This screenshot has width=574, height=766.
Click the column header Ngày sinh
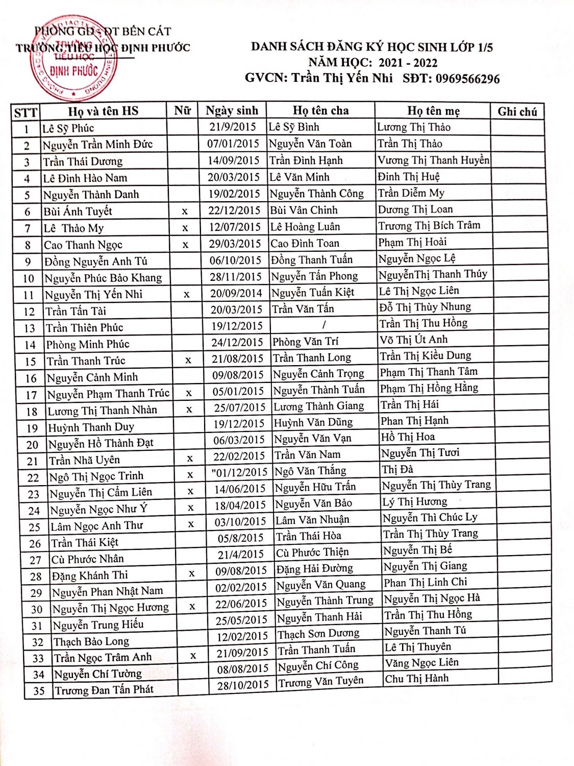coord(232,111)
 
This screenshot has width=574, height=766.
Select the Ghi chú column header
coord(517,112)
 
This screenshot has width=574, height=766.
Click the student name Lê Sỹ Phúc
coord(68,128)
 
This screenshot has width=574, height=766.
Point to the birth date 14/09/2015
coord(234,160)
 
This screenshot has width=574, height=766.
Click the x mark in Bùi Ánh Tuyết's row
coord(185,211)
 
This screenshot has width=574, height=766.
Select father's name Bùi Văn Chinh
coord(304,210)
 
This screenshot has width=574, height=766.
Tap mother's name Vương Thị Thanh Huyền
coord(433,160)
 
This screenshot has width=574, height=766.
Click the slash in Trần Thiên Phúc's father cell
coord(323,325)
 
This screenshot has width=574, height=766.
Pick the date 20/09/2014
coord(236,293)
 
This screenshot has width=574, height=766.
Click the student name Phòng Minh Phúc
coord(88,344)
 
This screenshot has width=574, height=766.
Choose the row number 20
coord(32,445)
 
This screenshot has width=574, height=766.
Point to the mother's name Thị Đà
coord(397,469)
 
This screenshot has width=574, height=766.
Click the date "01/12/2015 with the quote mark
coord(239,472)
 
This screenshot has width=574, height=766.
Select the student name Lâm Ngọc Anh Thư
coord(97,526)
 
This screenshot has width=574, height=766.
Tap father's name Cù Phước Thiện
coord(312,552)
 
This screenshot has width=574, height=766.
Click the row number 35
coord(39,691)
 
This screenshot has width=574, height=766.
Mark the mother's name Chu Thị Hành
coord(417,679)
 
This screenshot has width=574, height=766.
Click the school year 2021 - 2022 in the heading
coord(408,63)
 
